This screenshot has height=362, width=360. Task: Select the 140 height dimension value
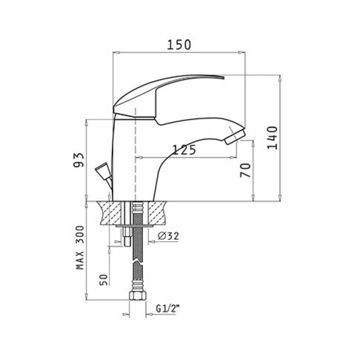coord(272,138)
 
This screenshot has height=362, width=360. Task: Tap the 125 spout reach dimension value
coord(184,150)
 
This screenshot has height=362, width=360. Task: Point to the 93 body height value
coord(78,160)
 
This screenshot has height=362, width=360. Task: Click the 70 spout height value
coord(245,170)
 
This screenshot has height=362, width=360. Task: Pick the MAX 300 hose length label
coord(80,247)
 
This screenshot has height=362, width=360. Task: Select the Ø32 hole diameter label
coord(168,236)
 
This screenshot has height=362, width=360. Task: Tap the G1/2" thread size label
coord(168,308)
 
